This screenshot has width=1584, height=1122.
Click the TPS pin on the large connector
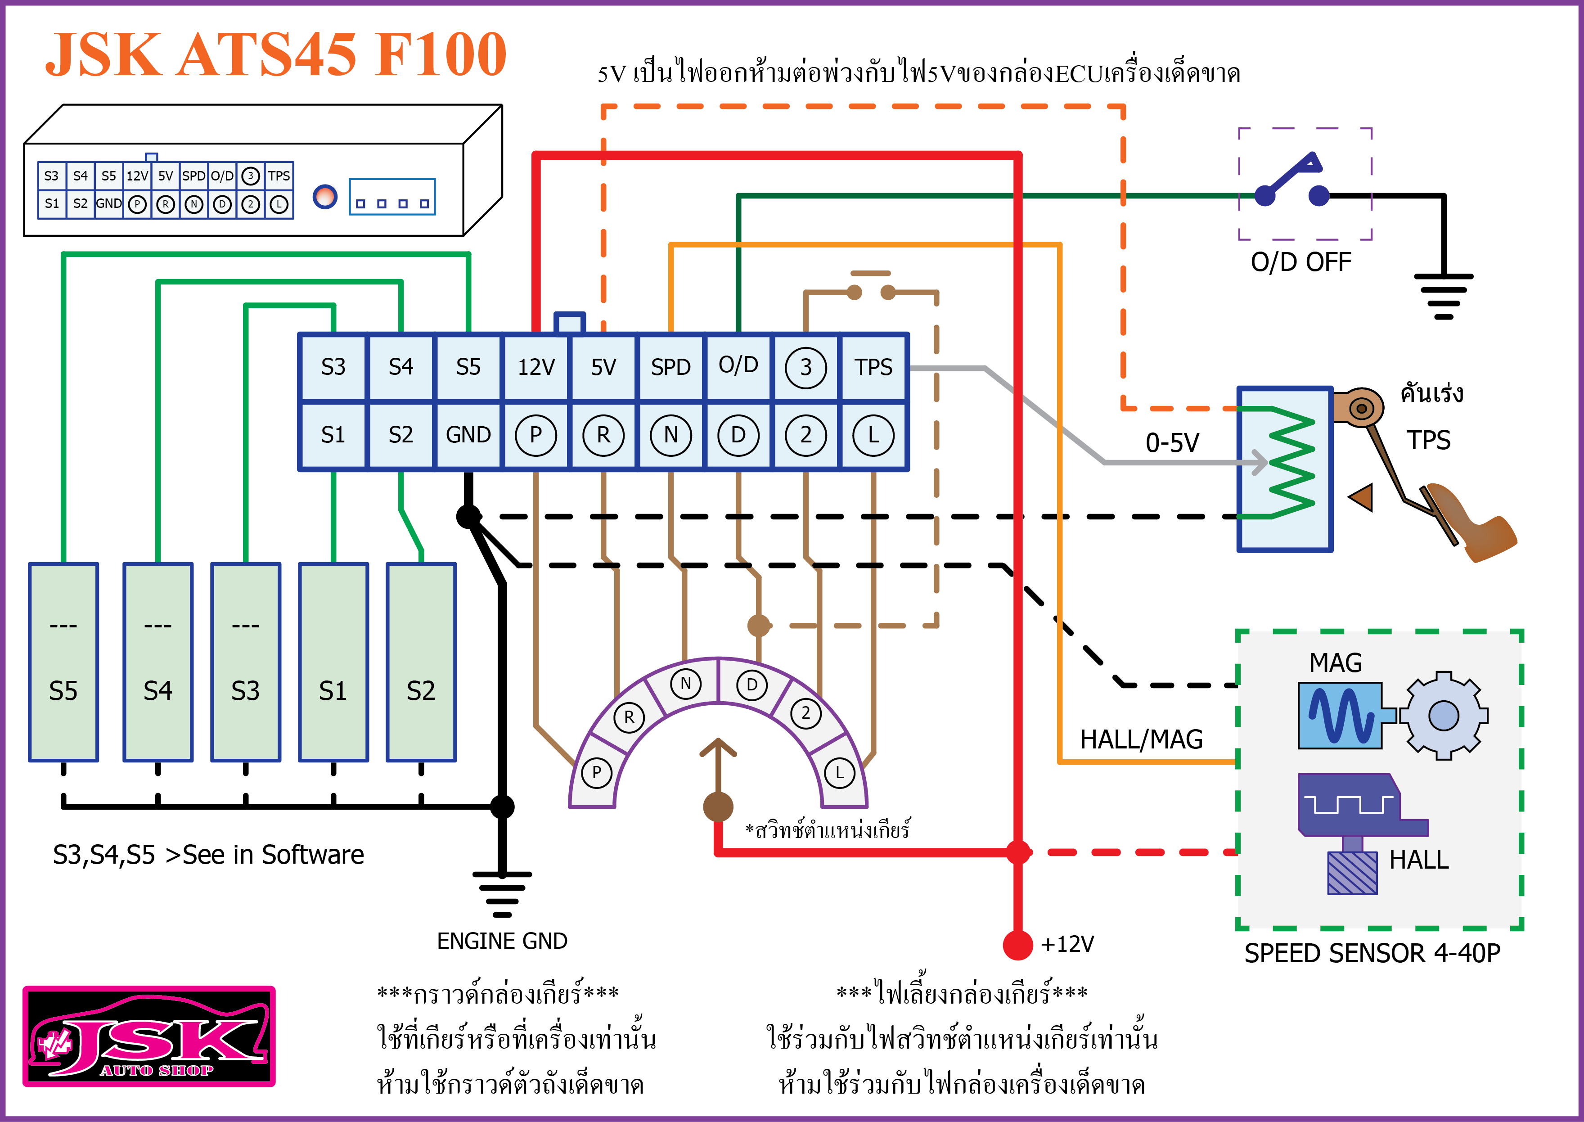tap(873, 367)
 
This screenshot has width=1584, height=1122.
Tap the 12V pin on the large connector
tap(536, 367)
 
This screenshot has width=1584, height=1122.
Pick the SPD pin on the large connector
tap(670, 367)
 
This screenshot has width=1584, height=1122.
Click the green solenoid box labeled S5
tap(63, 662)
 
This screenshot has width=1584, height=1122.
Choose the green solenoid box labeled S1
tap(333, 662)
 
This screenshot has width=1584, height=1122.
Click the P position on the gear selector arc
tap(596, 772)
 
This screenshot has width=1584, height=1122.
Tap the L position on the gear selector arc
tap(839, 772)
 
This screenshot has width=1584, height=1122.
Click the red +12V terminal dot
tap(1017, 944)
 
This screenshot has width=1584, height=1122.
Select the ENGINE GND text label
tap(502, 941)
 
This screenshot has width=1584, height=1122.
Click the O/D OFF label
tap(1301, 262)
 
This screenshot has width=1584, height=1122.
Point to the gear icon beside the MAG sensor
tap(1443, 716)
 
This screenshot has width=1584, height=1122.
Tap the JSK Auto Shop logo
tap(149, 1036)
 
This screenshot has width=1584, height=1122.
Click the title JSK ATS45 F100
tap(276, 55)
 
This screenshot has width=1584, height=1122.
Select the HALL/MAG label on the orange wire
tap(1141, 740)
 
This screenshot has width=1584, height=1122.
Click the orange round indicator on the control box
tap(325, 197)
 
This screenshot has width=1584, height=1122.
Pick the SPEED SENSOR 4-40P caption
tap(1372, 953)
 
